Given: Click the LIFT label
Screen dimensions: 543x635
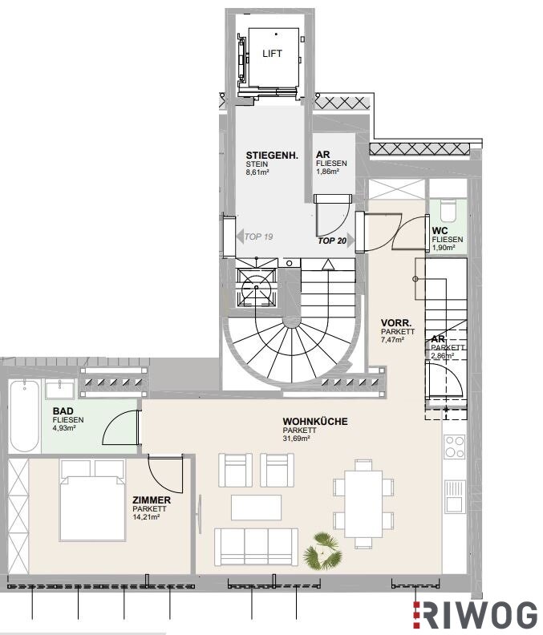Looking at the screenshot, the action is point(272,54).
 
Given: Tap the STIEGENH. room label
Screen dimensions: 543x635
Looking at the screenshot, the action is point(272,155).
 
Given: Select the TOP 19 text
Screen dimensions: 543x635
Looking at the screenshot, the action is point(258,237).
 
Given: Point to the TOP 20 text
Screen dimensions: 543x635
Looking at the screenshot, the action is point(332,241).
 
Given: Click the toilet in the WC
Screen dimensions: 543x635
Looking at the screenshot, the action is point(448,211).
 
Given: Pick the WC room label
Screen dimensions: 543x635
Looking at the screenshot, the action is point(440,231).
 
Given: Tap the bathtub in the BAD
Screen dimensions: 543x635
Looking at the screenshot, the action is point(24,415).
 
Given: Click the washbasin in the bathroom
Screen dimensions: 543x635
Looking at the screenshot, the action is point(60,389).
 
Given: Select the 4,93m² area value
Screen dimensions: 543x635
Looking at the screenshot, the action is point(64,428).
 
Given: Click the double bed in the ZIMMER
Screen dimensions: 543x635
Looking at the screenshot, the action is point(92,500).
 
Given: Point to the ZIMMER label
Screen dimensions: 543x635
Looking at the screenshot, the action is point(152,500).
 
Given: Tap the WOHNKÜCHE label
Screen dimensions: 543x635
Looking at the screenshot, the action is point(315,422).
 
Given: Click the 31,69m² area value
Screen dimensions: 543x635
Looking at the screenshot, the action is point(297,439).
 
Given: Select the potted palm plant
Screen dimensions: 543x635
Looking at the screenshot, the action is point(323,551).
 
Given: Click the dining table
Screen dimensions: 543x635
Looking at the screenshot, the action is point(363,504).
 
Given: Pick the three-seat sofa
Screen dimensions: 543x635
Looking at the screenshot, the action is point(256,547).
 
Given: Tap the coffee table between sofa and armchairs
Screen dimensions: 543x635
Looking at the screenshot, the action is point(256,507).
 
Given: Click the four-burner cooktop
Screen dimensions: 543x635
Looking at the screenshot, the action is point(455,447).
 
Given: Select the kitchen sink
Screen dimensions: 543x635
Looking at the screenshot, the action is point(455,495).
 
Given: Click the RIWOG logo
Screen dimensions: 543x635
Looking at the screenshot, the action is point(475,615).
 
